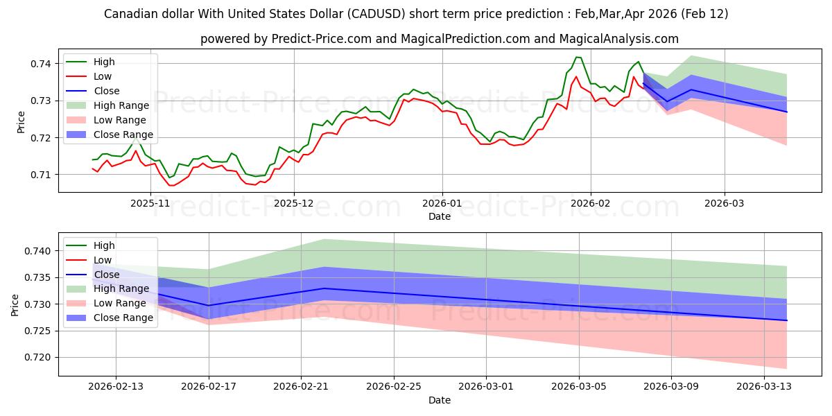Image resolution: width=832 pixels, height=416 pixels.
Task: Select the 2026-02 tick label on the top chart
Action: click(590, 203)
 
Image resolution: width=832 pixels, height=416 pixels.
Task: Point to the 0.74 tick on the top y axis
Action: click(40, 64)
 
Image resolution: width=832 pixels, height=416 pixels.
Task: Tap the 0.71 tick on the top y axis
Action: click(40, 174)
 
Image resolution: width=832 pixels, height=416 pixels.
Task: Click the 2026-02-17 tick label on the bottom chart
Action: click(209, 386)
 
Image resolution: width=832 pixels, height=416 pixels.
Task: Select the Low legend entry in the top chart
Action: click(103, 76)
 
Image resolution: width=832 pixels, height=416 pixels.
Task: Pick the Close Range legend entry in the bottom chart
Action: click(123, 318)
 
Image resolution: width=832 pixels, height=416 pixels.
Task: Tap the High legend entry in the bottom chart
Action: click(104, 245)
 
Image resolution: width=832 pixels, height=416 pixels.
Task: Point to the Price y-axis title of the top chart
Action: click(20, 121)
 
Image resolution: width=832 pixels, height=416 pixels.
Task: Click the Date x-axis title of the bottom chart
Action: click(440, 400)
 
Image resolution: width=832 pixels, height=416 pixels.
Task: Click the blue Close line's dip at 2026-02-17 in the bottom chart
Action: click(209, 305)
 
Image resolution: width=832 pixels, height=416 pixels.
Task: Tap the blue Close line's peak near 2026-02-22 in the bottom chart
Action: click(323, 288)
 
